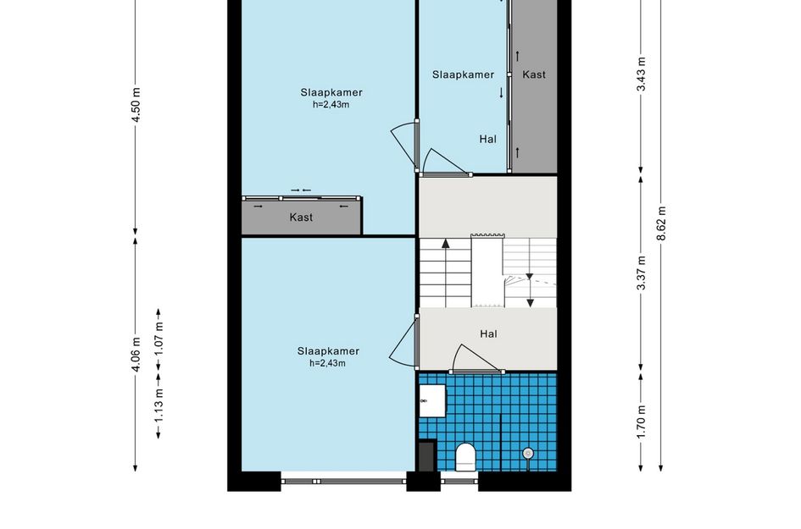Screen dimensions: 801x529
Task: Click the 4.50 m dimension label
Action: (136, 105)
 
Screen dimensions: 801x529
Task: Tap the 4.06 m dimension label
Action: (136, 355)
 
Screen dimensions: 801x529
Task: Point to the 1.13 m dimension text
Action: (159, 406)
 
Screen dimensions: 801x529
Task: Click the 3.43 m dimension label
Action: (641, 74)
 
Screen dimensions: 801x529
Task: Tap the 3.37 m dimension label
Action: (641, 273)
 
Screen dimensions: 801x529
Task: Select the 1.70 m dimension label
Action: (641, 422)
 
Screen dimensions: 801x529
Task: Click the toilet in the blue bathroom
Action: (465, 456)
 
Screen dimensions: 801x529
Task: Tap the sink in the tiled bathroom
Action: (432, 400)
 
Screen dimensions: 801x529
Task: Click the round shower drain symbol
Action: (528, 453)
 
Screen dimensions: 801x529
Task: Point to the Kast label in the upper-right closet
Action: (534, 74)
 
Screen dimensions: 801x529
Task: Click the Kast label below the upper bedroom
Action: (301, 218)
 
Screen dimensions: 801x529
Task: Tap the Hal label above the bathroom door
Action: (488, 334)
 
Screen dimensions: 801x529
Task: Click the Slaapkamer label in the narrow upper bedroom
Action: (464, 74)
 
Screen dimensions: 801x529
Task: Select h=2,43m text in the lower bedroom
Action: (327, 363)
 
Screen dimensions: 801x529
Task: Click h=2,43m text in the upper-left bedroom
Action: (331, 105)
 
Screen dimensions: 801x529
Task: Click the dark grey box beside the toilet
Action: (426, 456)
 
